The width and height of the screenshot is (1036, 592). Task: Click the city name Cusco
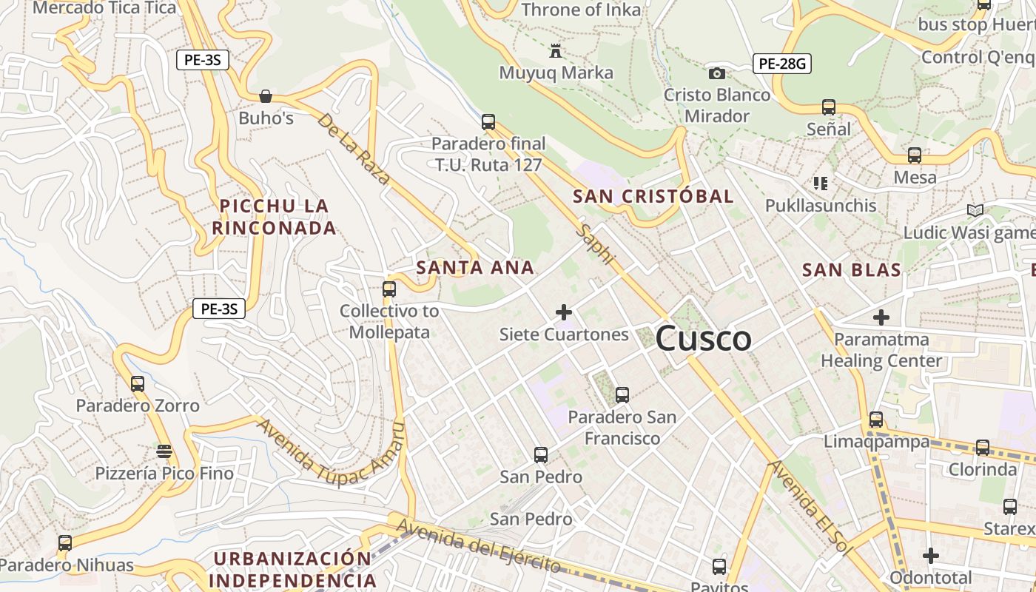point(704,339)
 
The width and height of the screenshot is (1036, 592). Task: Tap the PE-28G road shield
point(782,64)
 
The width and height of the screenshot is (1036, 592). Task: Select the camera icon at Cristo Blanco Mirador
point(716,73)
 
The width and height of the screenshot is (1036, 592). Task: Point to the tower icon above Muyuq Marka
point(555,51)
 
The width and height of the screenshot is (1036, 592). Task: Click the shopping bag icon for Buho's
point(265,96)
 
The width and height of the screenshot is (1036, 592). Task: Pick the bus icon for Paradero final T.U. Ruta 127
point(488,122)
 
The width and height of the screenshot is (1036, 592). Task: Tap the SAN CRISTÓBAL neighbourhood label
point(653,196)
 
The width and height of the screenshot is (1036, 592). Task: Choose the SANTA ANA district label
point(475,267)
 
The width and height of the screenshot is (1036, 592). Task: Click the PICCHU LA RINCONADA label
point(275,217)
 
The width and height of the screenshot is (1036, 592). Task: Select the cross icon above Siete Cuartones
point(564,312)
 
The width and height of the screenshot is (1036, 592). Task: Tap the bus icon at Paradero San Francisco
point(622,395)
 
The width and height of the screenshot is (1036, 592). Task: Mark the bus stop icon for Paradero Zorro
point(138,384)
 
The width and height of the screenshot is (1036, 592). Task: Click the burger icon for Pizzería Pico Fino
point(164,451)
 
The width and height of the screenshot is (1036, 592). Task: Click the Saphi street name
point(597,244)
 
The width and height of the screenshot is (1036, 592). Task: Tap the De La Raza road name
point(354,149)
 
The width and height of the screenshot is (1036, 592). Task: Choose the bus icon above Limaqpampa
point(876,420)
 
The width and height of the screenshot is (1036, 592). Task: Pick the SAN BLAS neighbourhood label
point(852,270)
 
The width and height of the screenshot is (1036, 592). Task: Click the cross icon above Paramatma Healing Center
point(881,317)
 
